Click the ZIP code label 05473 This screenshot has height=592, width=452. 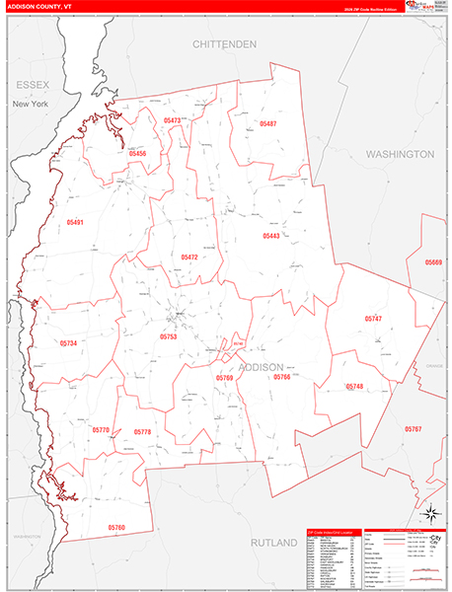click(x=173, y=120)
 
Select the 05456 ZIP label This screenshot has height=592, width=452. click(x=137, y=154)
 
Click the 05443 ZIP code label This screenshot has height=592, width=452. click(x=271, y=236)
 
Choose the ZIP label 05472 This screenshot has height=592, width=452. click(x=189, y=257)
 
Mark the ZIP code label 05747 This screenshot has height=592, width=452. click(x=372, y=319)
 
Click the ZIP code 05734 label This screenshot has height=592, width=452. click(x=68, y=342)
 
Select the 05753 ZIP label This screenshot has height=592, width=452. click(x=168, y=336)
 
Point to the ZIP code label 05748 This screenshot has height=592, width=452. click(x=354, y=386)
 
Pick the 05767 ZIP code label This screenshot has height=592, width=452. click(x=413, y=429)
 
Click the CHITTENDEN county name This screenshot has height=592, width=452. click(x=224, y=44)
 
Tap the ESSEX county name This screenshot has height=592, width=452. click(x=30, y=86)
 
